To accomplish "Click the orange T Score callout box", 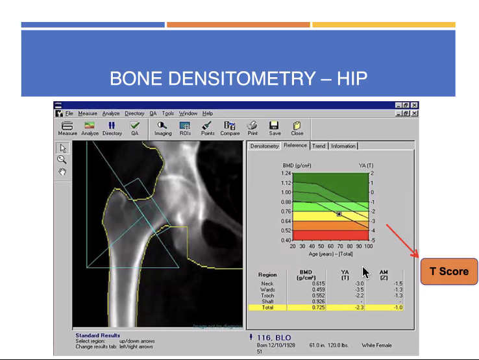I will point(449,271).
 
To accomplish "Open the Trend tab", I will point(319,146).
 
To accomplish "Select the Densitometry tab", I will point(264,146).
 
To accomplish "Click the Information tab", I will point(343,146).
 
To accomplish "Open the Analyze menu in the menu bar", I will point(111,114).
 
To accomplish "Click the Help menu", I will point(208,114).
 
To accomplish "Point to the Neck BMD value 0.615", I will point(318,284).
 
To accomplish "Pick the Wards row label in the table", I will point(267,290).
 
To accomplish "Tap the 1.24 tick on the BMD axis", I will point(286,174).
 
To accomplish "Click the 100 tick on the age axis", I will point(369,246).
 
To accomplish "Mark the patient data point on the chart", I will point(339,213).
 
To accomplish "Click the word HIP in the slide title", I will point(352,79).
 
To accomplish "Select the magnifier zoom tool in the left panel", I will point(62,160).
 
